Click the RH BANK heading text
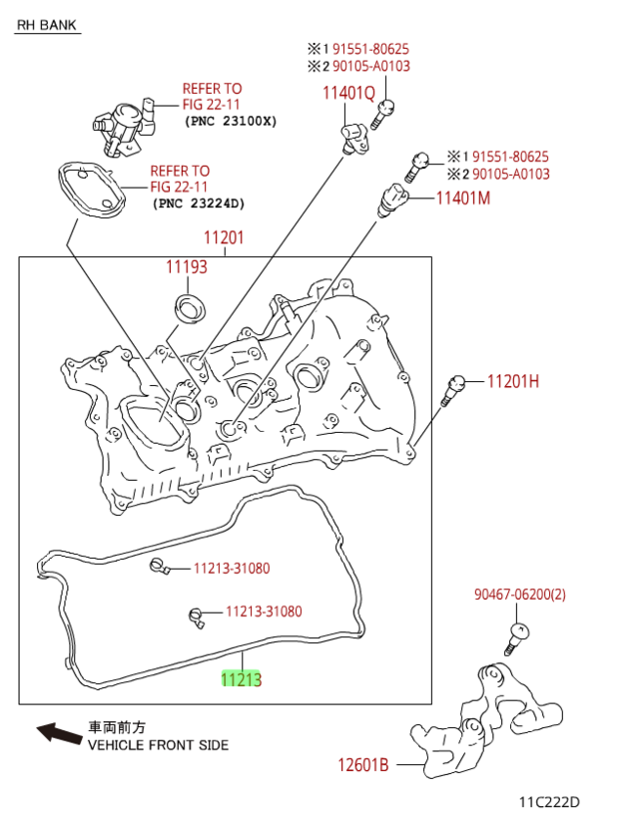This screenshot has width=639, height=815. [x=48, y=25]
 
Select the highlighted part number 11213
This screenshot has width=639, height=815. [x=241, y=680]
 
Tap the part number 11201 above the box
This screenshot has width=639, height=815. [x=224, y=239]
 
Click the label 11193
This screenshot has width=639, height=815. [x=186, y=267]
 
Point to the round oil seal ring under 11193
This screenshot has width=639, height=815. [x=188, y=307]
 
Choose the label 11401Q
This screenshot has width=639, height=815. [x=348, y=94]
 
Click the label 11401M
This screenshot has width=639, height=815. [x=463, y=198]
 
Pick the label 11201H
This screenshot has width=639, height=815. [x=513, y=381]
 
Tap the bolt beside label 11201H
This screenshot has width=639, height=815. [x=452, y=389]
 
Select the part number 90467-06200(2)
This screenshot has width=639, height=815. [x=519, y=596]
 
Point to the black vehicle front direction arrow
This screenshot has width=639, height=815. [x=60, y=734]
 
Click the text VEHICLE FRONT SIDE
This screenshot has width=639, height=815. [x=158, y=745]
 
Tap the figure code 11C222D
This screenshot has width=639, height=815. [x=548, y=801]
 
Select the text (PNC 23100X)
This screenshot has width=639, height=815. [x=231, y=121]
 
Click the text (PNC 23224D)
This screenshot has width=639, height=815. [x=198, y=204]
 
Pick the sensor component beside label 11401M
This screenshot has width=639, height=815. [x=394, y=198]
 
